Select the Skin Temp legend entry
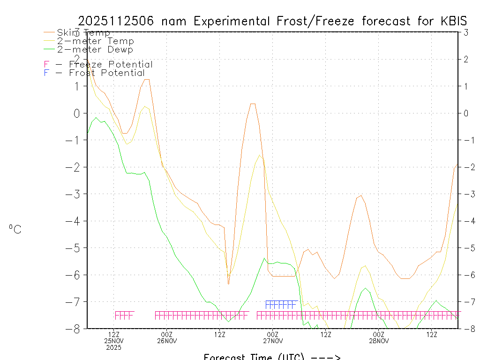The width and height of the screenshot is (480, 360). (83, 32)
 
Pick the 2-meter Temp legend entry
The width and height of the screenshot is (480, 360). (95, 41)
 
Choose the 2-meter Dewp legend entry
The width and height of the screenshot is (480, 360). (95, 49)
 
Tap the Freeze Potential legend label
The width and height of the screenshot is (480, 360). (111, 64)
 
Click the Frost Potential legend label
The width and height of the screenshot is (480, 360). (107, 73)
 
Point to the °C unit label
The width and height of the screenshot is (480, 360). (15, 229)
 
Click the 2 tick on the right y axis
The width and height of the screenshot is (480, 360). (466, 59)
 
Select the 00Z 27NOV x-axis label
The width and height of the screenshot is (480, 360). (273, 337)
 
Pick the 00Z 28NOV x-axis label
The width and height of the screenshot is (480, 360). (378, 337)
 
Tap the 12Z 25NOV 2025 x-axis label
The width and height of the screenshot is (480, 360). (114, 341)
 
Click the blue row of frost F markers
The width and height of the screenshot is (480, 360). (281, 304)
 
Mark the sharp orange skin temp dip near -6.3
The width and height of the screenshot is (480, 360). (228, 283)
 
